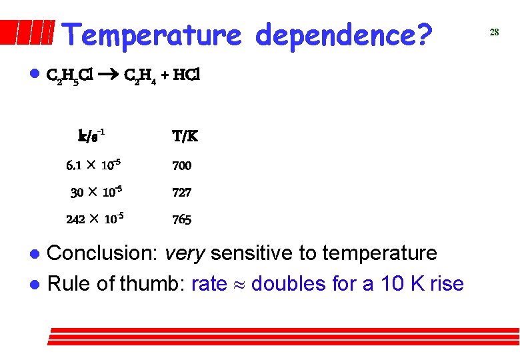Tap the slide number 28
tap(494, 32)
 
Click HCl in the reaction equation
tap(186, 75)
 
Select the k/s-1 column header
tap(91, 136)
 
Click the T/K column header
tap(185, 137)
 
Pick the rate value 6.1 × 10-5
tap(93, 165)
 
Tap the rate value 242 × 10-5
tap(95, 219)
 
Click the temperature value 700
tap(181, 165)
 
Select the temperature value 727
tap(181, 193)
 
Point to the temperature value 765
tap(181, 219)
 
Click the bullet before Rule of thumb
tap(34, 285)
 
